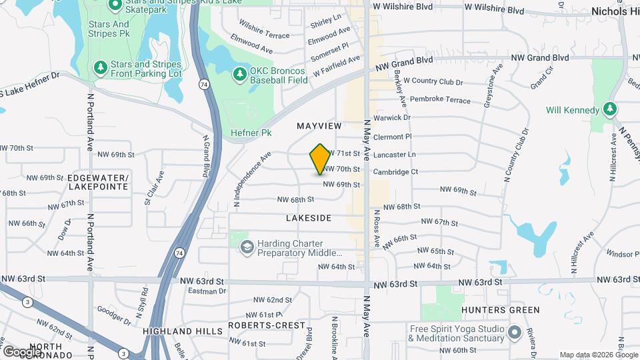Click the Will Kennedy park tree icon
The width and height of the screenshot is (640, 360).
[609, 109]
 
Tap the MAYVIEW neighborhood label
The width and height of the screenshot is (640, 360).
[319, 126]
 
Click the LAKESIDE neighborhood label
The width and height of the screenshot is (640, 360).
[309, 218]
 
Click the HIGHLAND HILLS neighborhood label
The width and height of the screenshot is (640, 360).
[177, 331]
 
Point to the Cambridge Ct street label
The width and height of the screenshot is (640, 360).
[395, 172]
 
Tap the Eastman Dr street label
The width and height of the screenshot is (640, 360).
[203, 291]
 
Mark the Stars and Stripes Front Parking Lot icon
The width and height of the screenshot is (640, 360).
[100, 67]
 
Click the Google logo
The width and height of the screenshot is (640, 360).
[22, 351]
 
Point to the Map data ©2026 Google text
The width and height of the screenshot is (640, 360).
[598, 355]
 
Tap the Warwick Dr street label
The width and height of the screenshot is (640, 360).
[392, 118]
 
